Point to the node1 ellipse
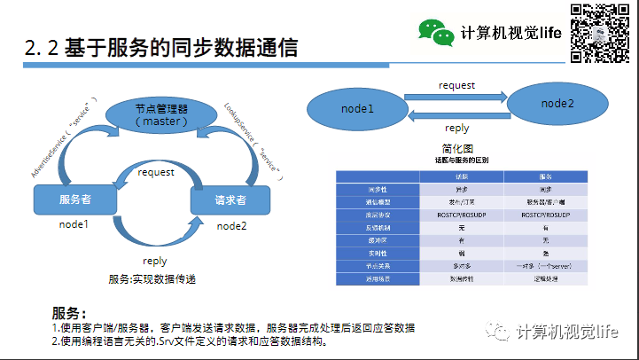point(357,108)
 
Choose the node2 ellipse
point(557,104)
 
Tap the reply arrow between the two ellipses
point(457,115)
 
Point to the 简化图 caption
point(457,148)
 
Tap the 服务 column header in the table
point(544,176)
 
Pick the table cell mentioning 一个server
point(544,265)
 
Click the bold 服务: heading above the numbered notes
point(69,313)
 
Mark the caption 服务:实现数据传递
point(152,279)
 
